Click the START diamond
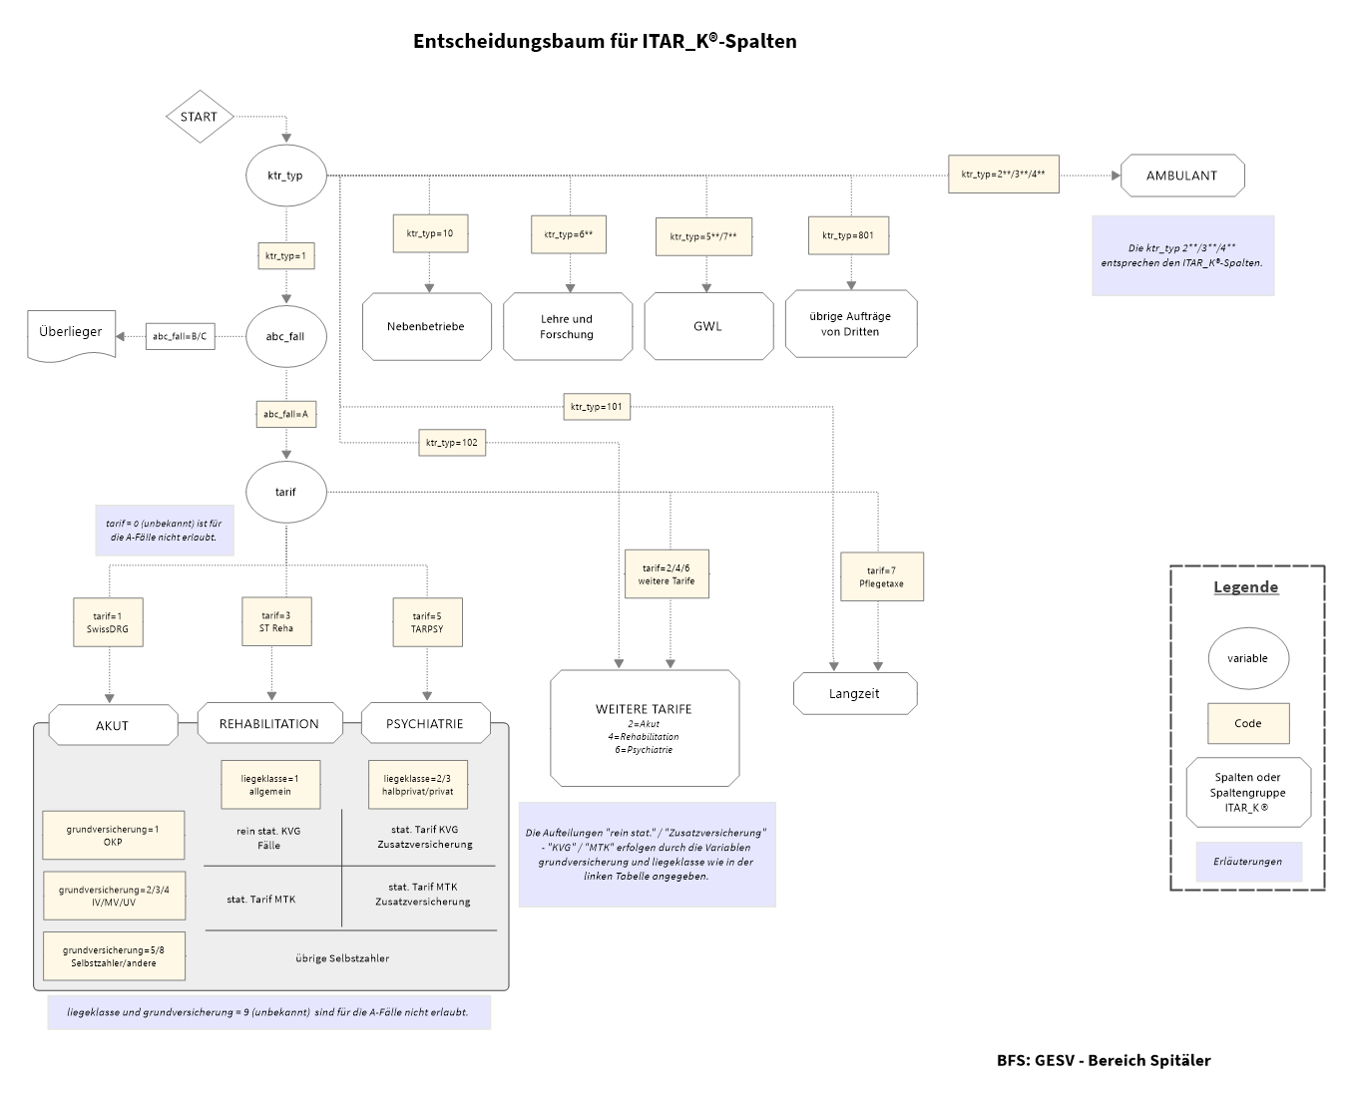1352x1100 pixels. tap(200, 117)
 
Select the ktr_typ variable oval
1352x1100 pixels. tap(285, 176)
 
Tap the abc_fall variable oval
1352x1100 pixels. tap(285, 336)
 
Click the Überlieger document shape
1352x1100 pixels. tap(71, 333)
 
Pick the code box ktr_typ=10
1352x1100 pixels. tap(430, 233)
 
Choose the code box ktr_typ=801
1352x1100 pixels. tap(848, 235)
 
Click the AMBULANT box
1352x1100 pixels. tap(1182, 176)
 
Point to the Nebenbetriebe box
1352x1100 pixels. tap(426, 326)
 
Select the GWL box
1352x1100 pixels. tap(708, 326)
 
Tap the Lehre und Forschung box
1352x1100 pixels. tap(568, 326)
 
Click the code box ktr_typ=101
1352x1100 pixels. tap(597, 406)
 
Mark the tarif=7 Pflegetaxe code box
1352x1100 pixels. tap(882, 576)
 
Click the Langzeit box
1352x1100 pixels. tap(855, 694)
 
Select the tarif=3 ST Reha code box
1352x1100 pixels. tap(277, 621)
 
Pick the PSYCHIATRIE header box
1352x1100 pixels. tap(425, 724)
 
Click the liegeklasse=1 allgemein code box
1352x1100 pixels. tap(270, 785)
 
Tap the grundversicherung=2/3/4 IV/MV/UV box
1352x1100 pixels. tap(114, 896)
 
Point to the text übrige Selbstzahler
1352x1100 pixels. tap(342, 958)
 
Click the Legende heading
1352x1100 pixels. tap(1245, 587)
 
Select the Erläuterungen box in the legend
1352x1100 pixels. tap(1248, 862)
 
